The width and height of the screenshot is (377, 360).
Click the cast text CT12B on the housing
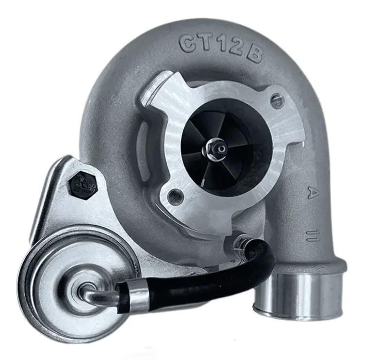(x=220, y=47)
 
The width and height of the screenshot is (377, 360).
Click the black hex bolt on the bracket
(x=82, y=185)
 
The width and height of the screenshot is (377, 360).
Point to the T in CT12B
(x=203, y=42)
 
